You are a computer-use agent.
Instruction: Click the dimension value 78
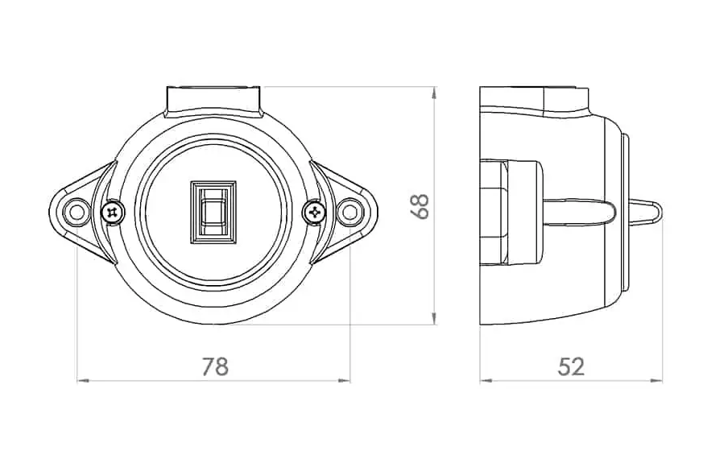(x=214, y=366)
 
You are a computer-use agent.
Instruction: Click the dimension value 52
(x=571, y=366)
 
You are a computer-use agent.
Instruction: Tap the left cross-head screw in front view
(x=113, y=212)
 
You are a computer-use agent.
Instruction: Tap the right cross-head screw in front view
(x=314, y=212)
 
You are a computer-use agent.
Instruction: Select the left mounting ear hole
(x=77, y=212)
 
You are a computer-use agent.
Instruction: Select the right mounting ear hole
(x=349, y=212)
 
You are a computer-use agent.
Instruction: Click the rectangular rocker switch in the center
(x=213, y=211)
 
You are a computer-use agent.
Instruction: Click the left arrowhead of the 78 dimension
(x=80, y=379)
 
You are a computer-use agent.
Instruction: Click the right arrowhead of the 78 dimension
(x=347, y=379)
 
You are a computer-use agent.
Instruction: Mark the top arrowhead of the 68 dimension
(x=434, y=92)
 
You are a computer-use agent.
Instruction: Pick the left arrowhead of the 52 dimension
(x=484, y=379)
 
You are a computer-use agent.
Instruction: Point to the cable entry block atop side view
(x=535, y=98)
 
